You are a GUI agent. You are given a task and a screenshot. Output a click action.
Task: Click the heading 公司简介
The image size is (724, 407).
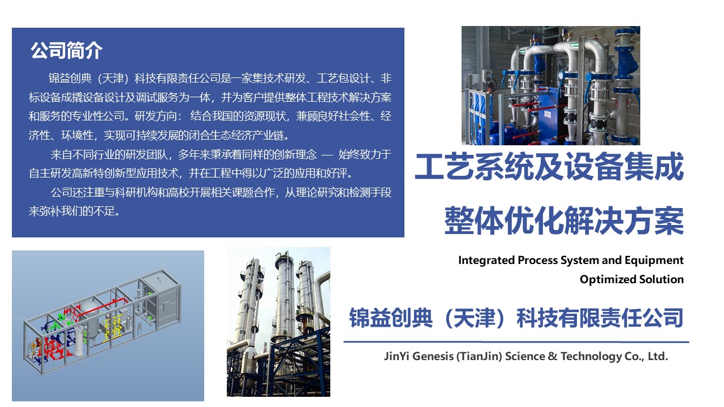coord(67,51)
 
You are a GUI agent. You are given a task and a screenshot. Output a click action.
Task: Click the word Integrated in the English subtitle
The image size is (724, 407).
coord(486,261)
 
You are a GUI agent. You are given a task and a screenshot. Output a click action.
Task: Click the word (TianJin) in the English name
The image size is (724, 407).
coord(479,357)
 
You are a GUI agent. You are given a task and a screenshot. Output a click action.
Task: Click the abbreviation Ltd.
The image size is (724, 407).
coord(658,356)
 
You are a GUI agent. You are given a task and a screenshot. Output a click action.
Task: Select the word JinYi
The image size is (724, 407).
coord(397,357)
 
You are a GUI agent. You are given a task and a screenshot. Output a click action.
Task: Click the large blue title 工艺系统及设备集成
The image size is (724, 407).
coord(549,167)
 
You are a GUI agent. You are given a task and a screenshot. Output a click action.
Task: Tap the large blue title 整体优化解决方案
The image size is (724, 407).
coord(564,221)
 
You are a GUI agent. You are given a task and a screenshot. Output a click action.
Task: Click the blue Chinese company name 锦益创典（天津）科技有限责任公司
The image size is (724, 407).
coord(516,318)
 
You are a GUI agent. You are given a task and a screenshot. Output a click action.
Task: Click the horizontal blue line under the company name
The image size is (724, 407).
coord(516,342)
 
